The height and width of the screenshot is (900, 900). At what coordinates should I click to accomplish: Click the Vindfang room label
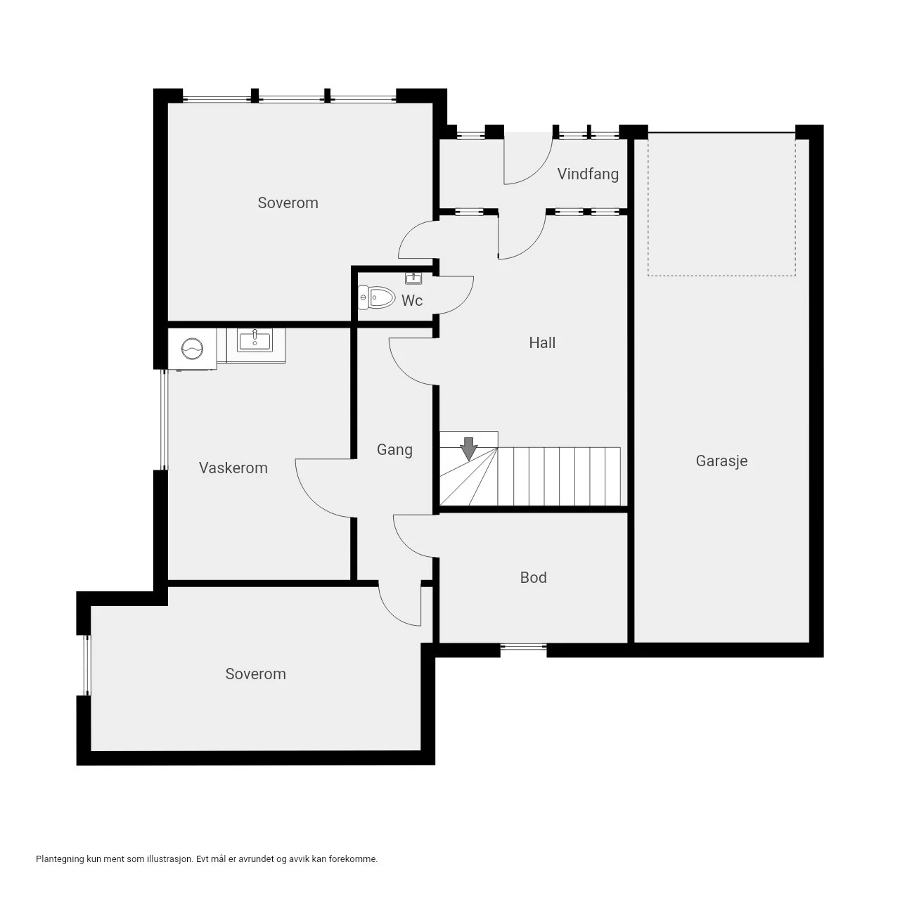click(x=588, y=174)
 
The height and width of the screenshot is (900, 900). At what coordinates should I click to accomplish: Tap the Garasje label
click(x=721, y=461)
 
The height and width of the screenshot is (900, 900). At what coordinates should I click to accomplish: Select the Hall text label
click(x=542, y=343)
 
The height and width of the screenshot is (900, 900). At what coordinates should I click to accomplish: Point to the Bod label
click(x=533, y=578)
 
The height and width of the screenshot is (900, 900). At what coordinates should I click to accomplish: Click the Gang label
click(x=394, y=450)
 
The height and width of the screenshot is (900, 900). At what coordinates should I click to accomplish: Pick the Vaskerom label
click(x=233, y=468)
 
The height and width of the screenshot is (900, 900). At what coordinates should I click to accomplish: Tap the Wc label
click(x=412, y=300)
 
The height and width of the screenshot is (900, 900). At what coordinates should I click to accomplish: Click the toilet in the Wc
click(x=376, y=297)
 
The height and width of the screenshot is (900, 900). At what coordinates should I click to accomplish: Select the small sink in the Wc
click(x=413, y=278)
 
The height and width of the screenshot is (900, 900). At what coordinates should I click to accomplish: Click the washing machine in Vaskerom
click(x=193, y=349)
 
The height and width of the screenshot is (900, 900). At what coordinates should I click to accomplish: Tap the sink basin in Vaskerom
click(x=255, y=340)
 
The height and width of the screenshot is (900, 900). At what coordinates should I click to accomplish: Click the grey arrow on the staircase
click(x=468, y=449)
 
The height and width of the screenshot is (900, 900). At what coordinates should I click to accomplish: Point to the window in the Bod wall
click(x=523, y=647)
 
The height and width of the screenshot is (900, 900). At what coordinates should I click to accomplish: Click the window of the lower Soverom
click(x=86, y=665)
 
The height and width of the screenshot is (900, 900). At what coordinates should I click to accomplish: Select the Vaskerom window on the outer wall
click(x=163, y=420)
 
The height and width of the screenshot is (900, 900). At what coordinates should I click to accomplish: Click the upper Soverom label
click(x=288, y=202)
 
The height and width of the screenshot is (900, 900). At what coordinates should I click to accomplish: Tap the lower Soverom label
click(x=255, y=674)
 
